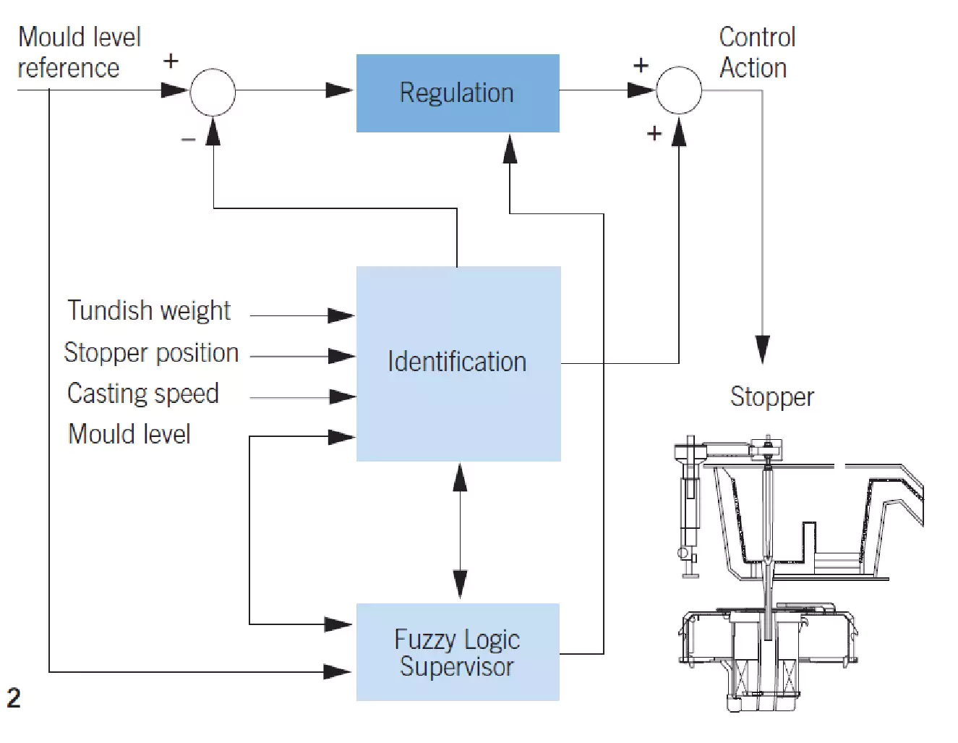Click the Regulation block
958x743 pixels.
coord(458,93)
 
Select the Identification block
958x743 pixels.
coord(458,363)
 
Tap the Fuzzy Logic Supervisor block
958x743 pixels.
coord(458,652)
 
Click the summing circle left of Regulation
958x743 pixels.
coord(213,92)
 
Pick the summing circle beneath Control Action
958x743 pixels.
coord(678,90)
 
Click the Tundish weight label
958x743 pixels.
coord(148,310)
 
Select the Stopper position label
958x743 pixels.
coord(151,352)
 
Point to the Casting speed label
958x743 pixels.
coord(143,394)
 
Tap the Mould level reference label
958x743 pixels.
coord(80,52)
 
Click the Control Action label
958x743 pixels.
coord(758,52)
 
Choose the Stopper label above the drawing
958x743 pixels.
coord(772,397)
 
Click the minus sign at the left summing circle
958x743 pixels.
coord(188,140)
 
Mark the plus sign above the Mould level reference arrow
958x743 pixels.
coord(171,61)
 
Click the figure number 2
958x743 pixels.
coord(14,698)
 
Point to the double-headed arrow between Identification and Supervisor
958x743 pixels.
coord(460,530)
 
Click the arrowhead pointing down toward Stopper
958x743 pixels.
coord(763,349)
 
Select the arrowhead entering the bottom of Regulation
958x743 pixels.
coord(510,148)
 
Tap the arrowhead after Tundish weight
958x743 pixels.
coord(341,315)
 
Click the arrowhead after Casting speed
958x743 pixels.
coord(343,397)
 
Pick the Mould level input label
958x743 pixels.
coord(129,434)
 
